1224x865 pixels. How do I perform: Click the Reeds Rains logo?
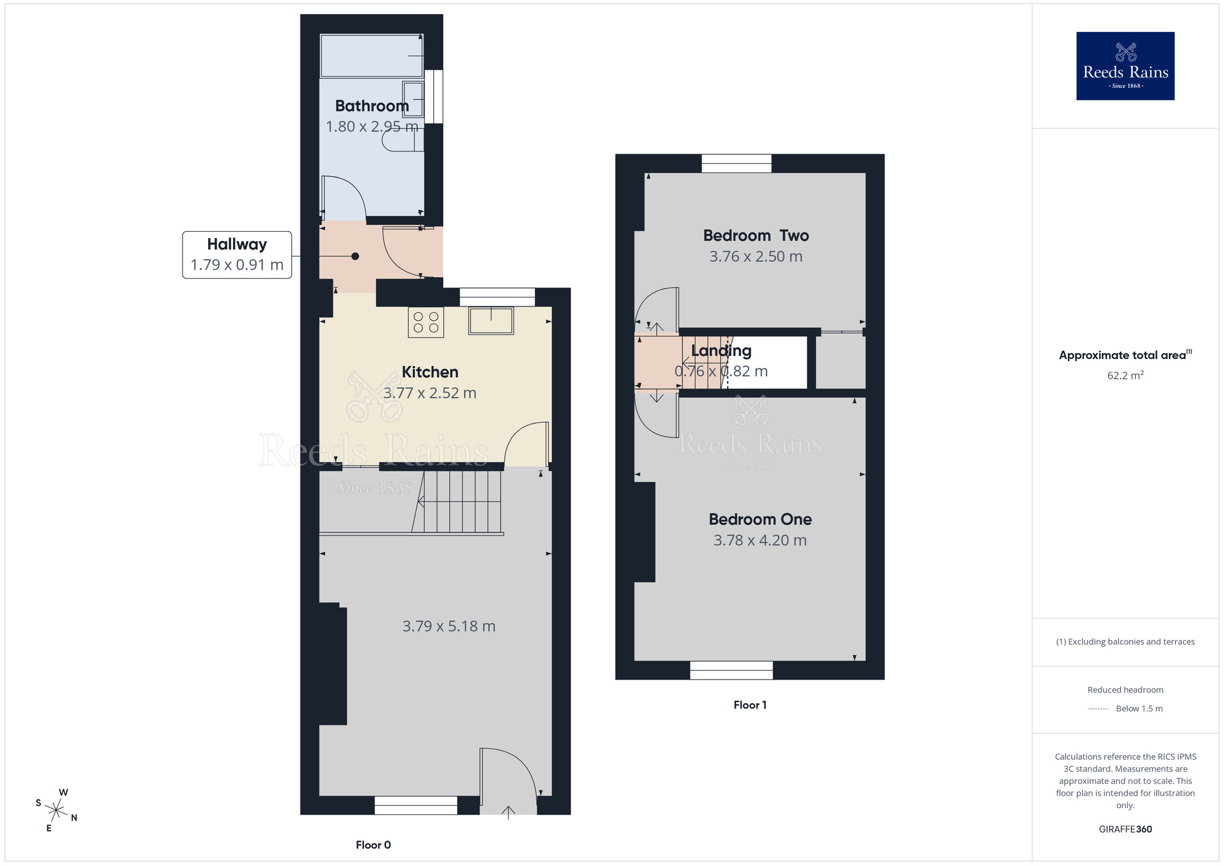coord(1125,66)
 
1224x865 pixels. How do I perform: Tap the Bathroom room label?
coord(371,106)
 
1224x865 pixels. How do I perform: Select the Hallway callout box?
coord(237,254)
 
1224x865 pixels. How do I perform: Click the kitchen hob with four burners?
coord(426,322)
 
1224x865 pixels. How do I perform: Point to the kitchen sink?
coord(491,321)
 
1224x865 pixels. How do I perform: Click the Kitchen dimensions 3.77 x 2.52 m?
coord(430,393)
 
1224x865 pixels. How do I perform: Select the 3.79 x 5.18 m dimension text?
coord(449,626)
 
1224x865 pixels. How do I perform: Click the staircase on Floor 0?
coord(459,501)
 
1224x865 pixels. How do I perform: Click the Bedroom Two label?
coord(756,236)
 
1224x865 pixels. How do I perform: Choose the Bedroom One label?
coord(760,519)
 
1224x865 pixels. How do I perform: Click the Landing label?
coord(721,351)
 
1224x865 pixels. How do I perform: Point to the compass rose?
coord(56,811)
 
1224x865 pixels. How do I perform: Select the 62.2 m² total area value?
coord(1125,376)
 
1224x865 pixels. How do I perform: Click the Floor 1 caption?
coord(750,705)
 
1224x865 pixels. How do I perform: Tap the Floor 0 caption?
coord(373,845)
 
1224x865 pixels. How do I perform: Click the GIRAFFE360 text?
coord(1125,830)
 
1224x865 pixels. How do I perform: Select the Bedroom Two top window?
coord(736,163)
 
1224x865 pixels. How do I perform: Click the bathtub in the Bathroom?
coord(371,56)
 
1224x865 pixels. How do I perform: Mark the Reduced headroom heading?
coord(1125,690)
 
